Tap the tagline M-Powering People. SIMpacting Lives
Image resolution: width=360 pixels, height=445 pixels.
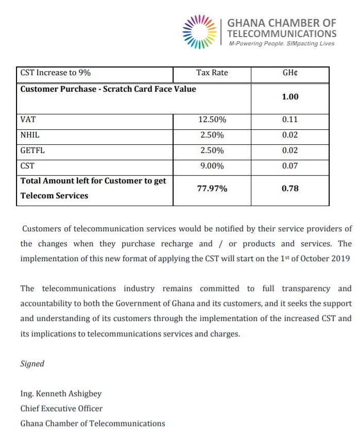[281, 44]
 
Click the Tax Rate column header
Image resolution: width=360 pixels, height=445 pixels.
[212, 73]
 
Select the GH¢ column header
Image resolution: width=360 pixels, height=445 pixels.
[290, 73]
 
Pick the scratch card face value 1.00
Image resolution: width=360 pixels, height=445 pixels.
[290, 97]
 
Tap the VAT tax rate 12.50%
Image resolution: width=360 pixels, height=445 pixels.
[212, 119]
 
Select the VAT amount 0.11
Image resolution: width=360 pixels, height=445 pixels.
[290, 119]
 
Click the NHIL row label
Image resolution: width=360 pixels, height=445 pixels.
[29, 135]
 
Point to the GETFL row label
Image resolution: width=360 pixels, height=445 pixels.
[31, 150]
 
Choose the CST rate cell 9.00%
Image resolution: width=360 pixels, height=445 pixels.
[212, 166]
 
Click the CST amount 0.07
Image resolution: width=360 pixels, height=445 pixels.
[290, 166]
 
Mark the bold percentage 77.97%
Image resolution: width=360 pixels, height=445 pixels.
[212, 189]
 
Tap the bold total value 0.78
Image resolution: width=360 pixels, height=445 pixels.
[290, 189]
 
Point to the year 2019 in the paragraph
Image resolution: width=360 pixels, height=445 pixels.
[339, 259]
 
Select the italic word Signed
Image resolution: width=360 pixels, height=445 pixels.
[32, 364]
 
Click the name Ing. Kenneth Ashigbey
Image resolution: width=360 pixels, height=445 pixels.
[61, 393]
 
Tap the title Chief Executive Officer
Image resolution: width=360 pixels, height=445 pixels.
[61, 408]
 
